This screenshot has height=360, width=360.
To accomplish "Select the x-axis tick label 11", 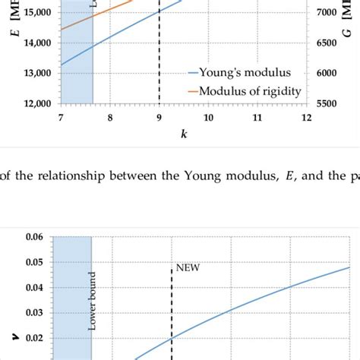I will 257,117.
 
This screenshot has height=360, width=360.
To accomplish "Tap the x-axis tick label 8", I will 110,117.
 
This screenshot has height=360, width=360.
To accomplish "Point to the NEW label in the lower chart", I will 187,267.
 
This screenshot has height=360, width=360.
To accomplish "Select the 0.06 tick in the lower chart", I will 35,237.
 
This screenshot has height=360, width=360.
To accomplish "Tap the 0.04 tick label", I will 35,287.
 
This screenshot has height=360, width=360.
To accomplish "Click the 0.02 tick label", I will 35,337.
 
